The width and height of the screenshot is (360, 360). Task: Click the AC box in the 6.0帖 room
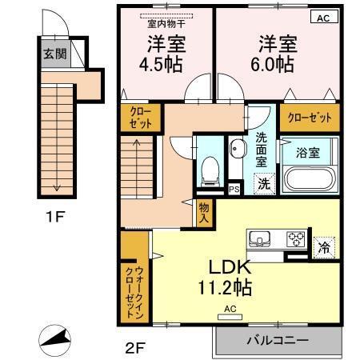tap(322, 17)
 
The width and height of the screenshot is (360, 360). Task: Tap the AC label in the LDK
tap(230, 308)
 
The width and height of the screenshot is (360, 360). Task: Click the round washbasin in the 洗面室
tap(237, 147)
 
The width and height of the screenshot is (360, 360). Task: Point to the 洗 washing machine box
tap(263, 183)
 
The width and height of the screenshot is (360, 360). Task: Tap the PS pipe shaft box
tap(234, 189)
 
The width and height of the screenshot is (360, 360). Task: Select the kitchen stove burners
tap(296, 238)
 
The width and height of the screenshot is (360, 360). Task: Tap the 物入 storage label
tap(205, 211)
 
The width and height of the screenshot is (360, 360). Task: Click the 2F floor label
tap(133, 349)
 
